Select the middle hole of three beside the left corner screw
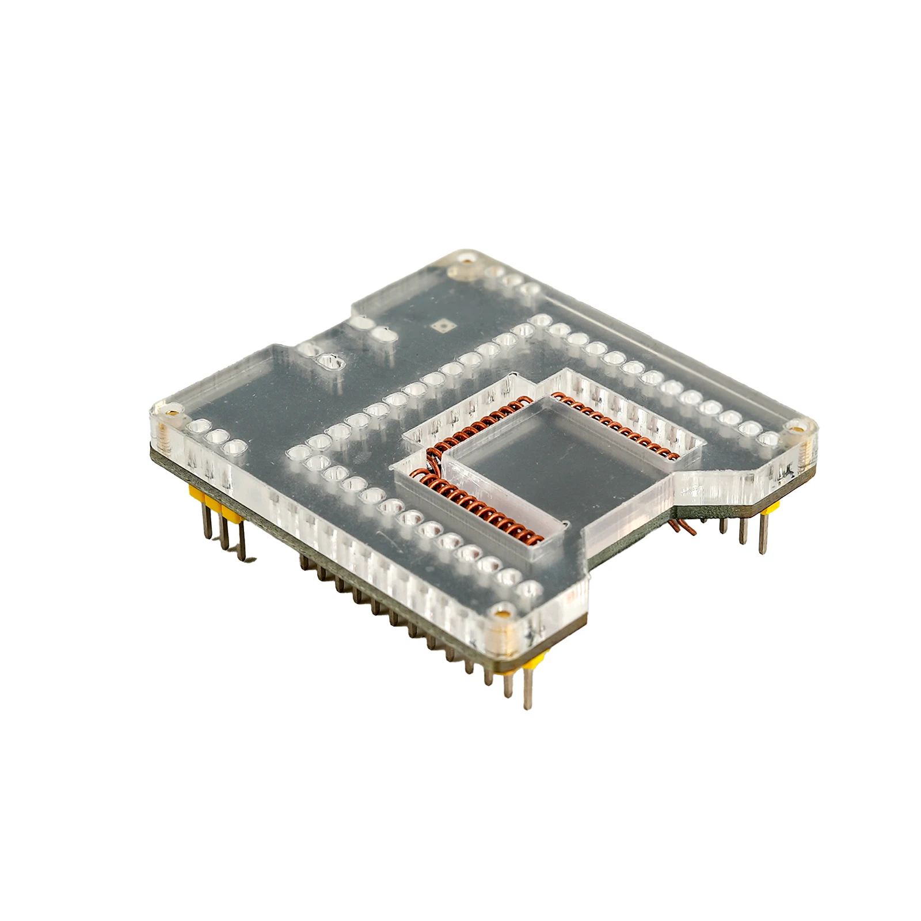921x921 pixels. point(217,436)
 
